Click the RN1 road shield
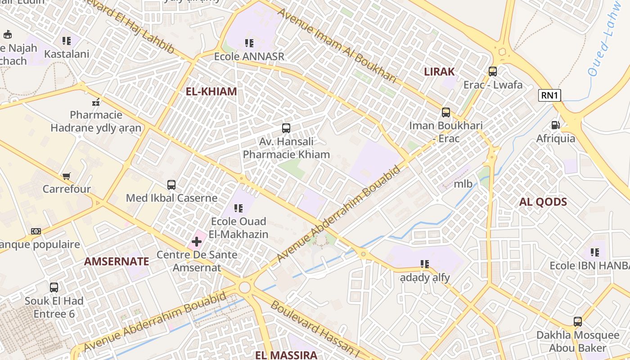(x=549, y=95)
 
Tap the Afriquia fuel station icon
(x=556, y=125)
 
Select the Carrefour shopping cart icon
(x=67, y=175)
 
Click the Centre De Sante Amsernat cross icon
(x=196, y=242)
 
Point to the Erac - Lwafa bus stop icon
(x=493, y=71)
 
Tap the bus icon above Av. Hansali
(x=286, y=128)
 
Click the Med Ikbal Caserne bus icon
(x=171, y=184)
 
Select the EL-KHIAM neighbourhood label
(x=211, y=91)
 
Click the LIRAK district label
(x=439, y=72)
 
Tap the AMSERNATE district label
(x=117, y=261)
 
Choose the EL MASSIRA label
(x=286, y=355)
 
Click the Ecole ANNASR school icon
(x=249, y=43)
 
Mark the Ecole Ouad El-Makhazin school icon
(x=238, y=208)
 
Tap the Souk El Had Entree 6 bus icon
(x=54, y=287)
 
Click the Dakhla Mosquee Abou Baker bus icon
(x=578, y=322)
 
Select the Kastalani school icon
(x=67, y=41)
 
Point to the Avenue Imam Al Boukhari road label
(x=337, y=45)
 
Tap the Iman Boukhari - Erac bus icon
(x=446, y=112)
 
